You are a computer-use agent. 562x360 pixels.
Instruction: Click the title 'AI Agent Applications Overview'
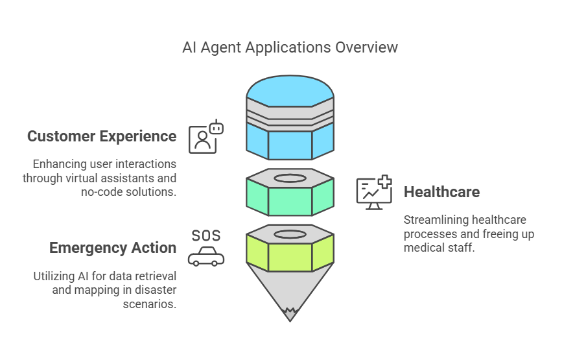pos(290,48)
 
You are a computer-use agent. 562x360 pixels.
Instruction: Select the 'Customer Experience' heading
pos(102,136)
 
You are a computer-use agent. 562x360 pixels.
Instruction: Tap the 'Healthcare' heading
pos(441,192)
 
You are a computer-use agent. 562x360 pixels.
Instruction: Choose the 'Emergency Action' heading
pos(113,248)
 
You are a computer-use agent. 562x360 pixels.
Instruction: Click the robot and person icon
pos(205,136)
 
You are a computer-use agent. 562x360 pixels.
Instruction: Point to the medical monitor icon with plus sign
pos(374,192)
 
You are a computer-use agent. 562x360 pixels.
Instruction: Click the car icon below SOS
pos(206,257)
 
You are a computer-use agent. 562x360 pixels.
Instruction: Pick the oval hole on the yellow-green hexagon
pos(290,234)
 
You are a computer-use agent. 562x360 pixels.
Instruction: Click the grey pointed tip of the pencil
pos(290,315)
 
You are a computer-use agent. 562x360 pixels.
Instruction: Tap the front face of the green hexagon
pos(290,201)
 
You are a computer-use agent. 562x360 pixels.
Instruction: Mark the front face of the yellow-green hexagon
pos(290,257)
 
